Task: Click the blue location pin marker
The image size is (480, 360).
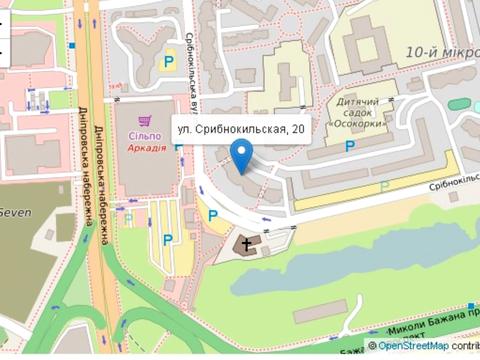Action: point(241,156)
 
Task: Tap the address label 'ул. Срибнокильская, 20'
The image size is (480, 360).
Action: point(239,129)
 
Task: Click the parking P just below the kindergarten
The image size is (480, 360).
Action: point(349,146)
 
